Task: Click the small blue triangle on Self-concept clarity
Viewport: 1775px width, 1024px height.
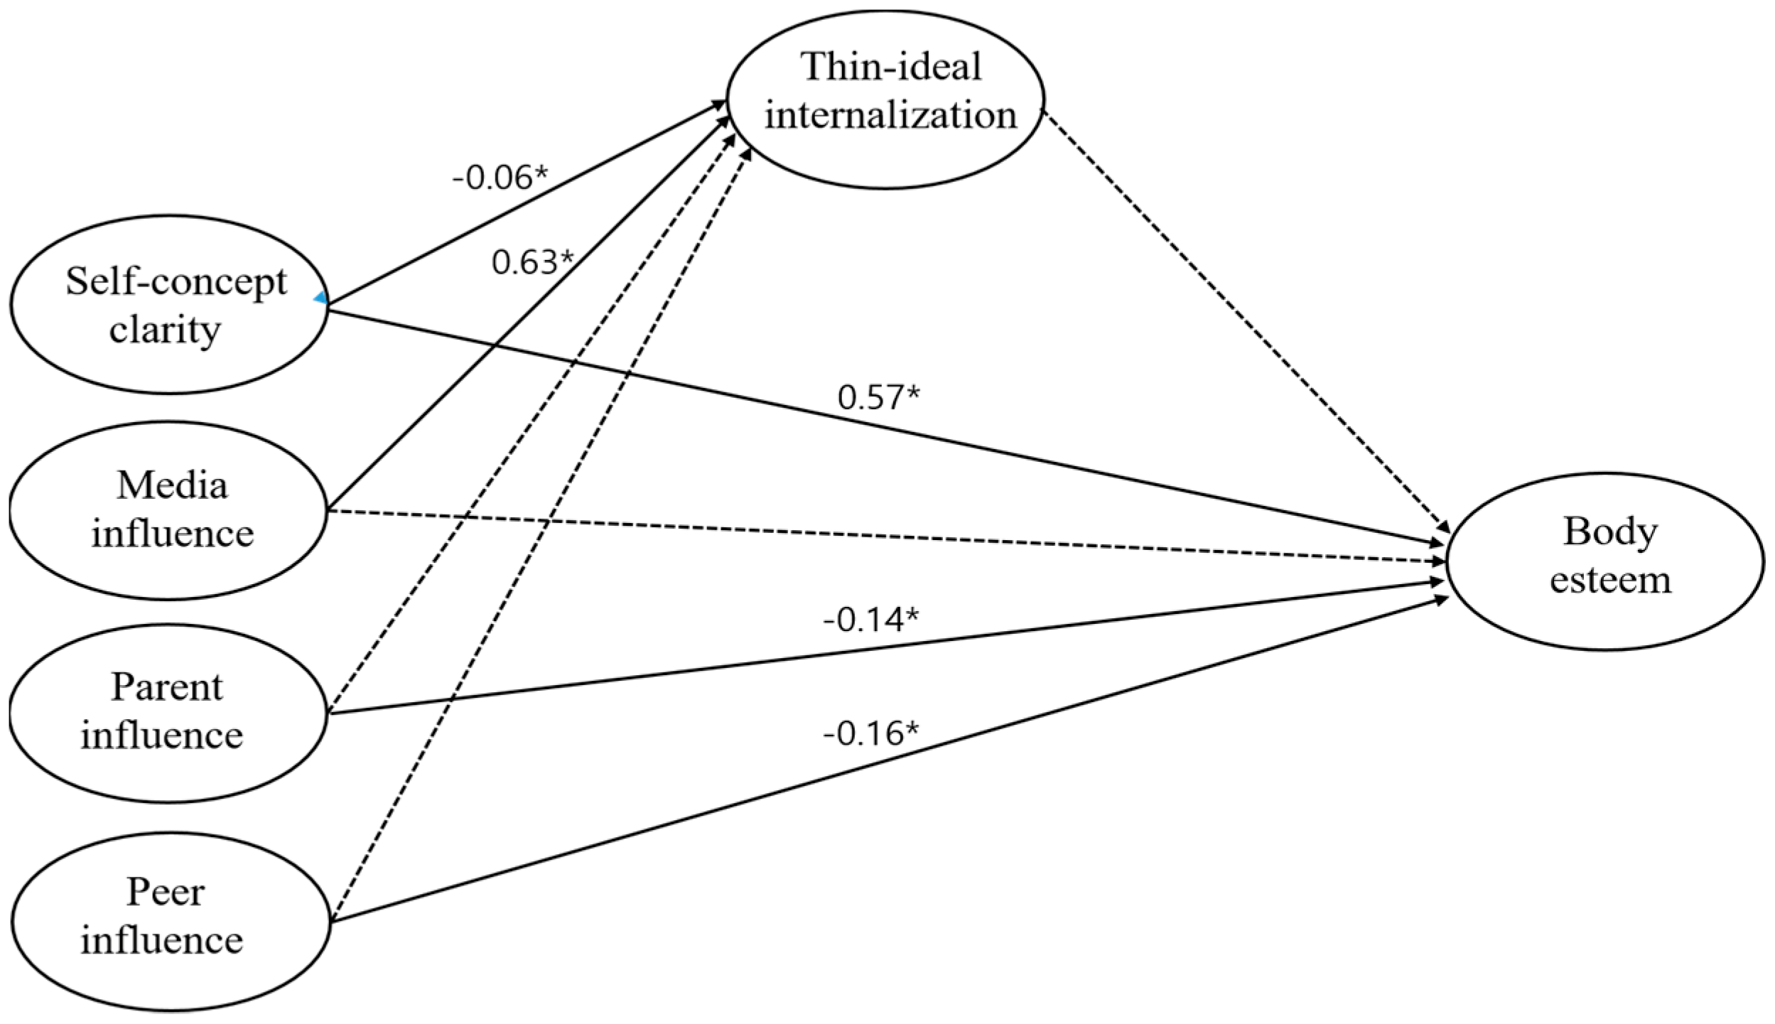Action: click(321, 299)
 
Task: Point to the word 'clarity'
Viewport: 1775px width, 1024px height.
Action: click(165, 330)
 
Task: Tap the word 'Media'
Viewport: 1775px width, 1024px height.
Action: click(173, 485)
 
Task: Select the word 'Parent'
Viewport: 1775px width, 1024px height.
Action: click(167, 687)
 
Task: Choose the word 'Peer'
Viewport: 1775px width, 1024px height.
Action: click(166, 892)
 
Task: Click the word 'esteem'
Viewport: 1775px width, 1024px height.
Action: click(1610, 579)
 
